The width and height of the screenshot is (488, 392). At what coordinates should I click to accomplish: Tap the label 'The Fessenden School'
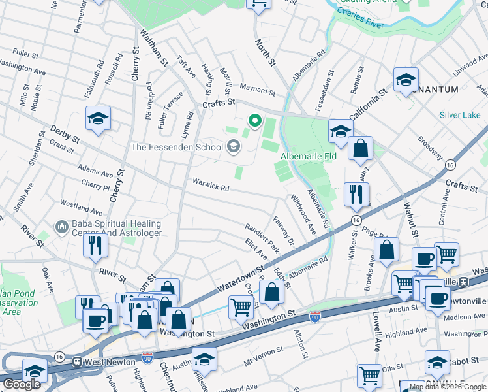177,147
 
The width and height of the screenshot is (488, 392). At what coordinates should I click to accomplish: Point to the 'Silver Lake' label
459,115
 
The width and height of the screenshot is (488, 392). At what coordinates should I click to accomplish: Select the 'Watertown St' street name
241,278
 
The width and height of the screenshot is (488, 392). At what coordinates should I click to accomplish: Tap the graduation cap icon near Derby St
98,118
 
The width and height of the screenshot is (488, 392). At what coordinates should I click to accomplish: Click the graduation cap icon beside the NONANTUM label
406,80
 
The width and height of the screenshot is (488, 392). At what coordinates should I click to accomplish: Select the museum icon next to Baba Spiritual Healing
62,227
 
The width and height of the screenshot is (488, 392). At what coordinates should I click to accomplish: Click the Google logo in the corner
22,384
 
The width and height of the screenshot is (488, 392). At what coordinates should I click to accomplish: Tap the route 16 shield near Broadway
450,165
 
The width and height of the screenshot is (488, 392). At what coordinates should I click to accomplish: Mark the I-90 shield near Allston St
314,317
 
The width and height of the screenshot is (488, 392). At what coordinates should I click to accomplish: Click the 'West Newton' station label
108,361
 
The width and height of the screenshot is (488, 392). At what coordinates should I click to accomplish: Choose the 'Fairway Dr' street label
284,232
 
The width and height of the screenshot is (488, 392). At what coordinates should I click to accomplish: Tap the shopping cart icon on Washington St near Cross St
241,306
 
